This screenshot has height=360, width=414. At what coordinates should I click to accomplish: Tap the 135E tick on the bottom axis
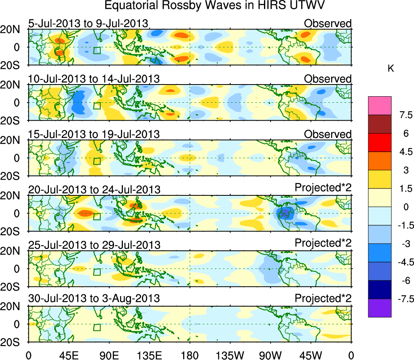[x=149, y=355]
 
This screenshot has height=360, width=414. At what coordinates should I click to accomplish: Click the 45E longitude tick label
[x=68, y=355]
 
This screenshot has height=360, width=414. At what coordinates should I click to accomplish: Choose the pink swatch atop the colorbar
[x=380, y=106]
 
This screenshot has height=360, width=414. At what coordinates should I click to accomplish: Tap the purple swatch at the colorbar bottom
[x=380, y=308]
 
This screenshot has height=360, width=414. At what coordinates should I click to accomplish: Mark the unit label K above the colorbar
[x=391, y=69]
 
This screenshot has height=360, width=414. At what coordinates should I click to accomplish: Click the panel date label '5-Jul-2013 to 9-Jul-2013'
[x=88, y=23]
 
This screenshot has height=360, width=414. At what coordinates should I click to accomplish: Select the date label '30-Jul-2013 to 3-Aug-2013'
[x=94, y=299]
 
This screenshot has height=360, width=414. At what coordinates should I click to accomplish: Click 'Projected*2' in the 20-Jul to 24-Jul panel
[x=323, y=188]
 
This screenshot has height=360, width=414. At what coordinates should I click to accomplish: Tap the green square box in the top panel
[x=97, y=51]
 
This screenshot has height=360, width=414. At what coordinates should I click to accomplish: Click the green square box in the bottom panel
[x=97, y=327]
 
